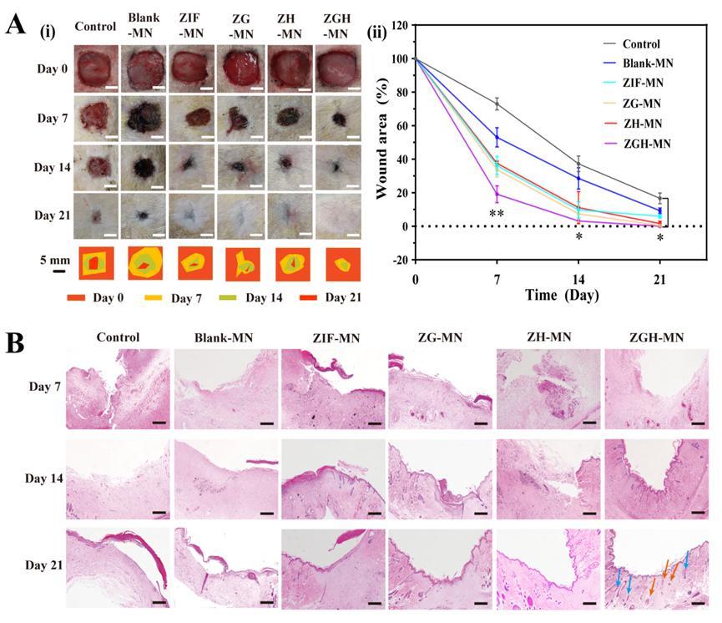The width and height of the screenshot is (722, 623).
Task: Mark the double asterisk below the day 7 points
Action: click(497, 214)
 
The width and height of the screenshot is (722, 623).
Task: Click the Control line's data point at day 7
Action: click(497, 104)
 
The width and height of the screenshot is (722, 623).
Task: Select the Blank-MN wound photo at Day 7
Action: click(144, 119)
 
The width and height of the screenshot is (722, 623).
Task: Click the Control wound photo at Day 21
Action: click(95, 214)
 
